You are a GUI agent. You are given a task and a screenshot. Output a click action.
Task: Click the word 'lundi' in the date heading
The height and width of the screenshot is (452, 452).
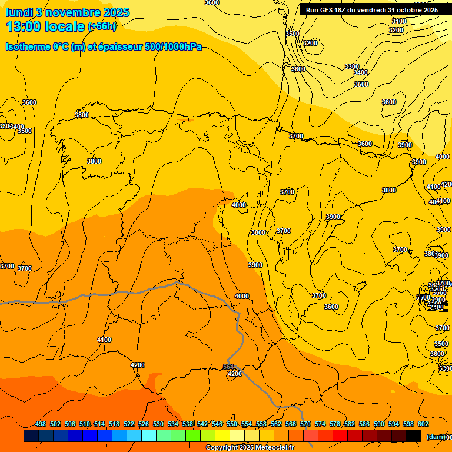tap(19, 12)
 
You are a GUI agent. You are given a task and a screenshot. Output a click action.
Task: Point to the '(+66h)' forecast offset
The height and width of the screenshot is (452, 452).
tap(102, 26)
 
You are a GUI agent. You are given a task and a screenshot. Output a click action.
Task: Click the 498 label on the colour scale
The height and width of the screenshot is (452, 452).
tap(41, 424)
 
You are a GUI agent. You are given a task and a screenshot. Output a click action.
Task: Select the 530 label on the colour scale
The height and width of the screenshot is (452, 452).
tap(158, 424)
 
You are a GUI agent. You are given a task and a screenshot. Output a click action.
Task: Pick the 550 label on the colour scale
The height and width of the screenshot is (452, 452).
tap(232, 424)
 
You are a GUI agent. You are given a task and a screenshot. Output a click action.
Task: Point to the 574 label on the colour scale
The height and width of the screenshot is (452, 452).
tap(320, 424)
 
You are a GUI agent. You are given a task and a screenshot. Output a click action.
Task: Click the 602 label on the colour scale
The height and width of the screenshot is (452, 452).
tap(423, 424)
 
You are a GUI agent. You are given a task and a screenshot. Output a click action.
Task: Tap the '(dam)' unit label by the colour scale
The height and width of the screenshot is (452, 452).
tap(437, 436)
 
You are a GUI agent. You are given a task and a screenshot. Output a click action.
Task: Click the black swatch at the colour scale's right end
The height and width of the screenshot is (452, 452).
tap(414, 436)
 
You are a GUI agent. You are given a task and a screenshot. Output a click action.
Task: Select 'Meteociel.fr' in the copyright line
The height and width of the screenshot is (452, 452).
tap(271, 448)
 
